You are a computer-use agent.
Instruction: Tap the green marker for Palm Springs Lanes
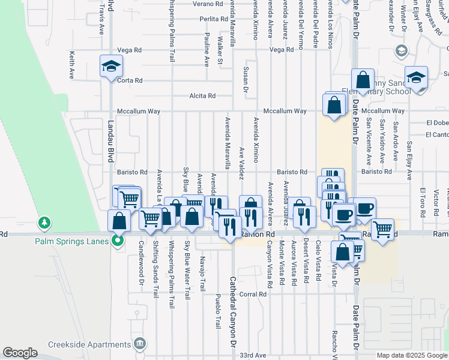tap(118, 242)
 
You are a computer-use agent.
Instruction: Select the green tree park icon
tap(44, 224)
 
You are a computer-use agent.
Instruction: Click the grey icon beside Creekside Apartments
tap(140, 344)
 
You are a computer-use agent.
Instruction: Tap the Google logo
tap(20, 353)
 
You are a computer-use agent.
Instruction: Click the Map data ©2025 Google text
tap(412, 355)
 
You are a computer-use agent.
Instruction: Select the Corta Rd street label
tap(130, 80)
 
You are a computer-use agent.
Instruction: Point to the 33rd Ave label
tap(252, 355)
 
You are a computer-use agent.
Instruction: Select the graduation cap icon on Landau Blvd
tap(111, 67)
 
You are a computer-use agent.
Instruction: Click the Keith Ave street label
tap(71, 65)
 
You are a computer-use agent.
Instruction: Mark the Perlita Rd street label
tap(214, 19)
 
